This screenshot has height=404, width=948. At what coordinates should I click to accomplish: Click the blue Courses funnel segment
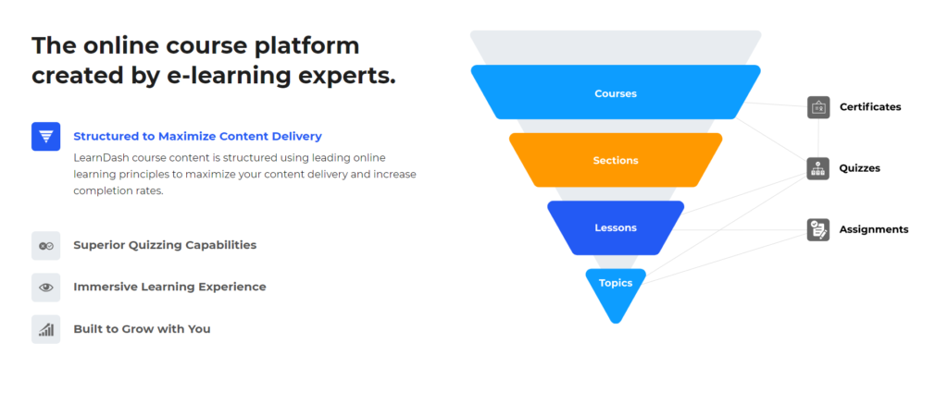click(x=616, y=93)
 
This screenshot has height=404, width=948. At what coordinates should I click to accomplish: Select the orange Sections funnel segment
click(x=616, y=161)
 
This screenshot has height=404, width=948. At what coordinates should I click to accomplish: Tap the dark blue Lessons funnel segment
click(x=616, y=227)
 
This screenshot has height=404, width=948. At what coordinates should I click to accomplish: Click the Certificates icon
click(x=818, y=107)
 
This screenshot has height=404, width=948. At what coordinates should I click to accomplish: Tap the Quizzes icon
click(x=818, y=168)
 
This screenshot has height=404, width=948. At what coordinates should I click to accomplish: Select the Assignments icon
click(x=818, y=229)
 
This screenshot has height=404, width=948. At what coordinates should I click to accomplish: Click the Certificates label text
click(x=870, y=107)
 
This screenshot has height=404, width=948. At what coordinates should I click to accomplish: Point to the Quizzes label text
click(x=859, y=168)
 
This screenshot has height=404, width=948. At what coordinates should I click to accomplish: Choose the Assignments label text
click(x=873, y=229)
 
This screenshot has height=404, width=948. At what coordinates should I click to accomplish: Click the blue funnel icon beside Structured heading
click(x=45, y=137)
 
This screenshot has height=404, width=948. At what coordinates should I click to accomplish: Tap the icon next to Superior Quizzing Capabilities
click(x=45, y=246)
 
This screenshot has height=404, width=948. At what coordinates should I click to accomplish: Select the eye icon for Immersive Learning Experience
click(x=45, y=288)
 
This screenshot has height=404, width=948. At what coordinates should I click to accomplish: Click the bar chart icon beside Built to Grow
click(x=45, y=329)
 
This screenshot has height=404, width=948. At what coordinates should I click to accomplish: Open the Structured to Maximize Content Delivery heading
click(x=197, y=137)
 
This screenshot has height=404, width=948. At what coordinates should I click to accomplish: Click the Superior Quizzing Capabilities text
click(x=165, y=246)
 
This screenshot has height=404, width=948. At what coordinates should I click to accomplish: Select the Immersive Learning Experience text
click(x=169, y=288)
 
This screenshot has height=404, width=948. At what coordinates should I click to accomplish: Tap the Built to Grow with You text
click(x=142, y=329)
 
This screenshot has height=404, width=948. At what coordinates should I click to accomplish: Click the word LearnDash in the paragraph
click(x=100, y=157)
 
